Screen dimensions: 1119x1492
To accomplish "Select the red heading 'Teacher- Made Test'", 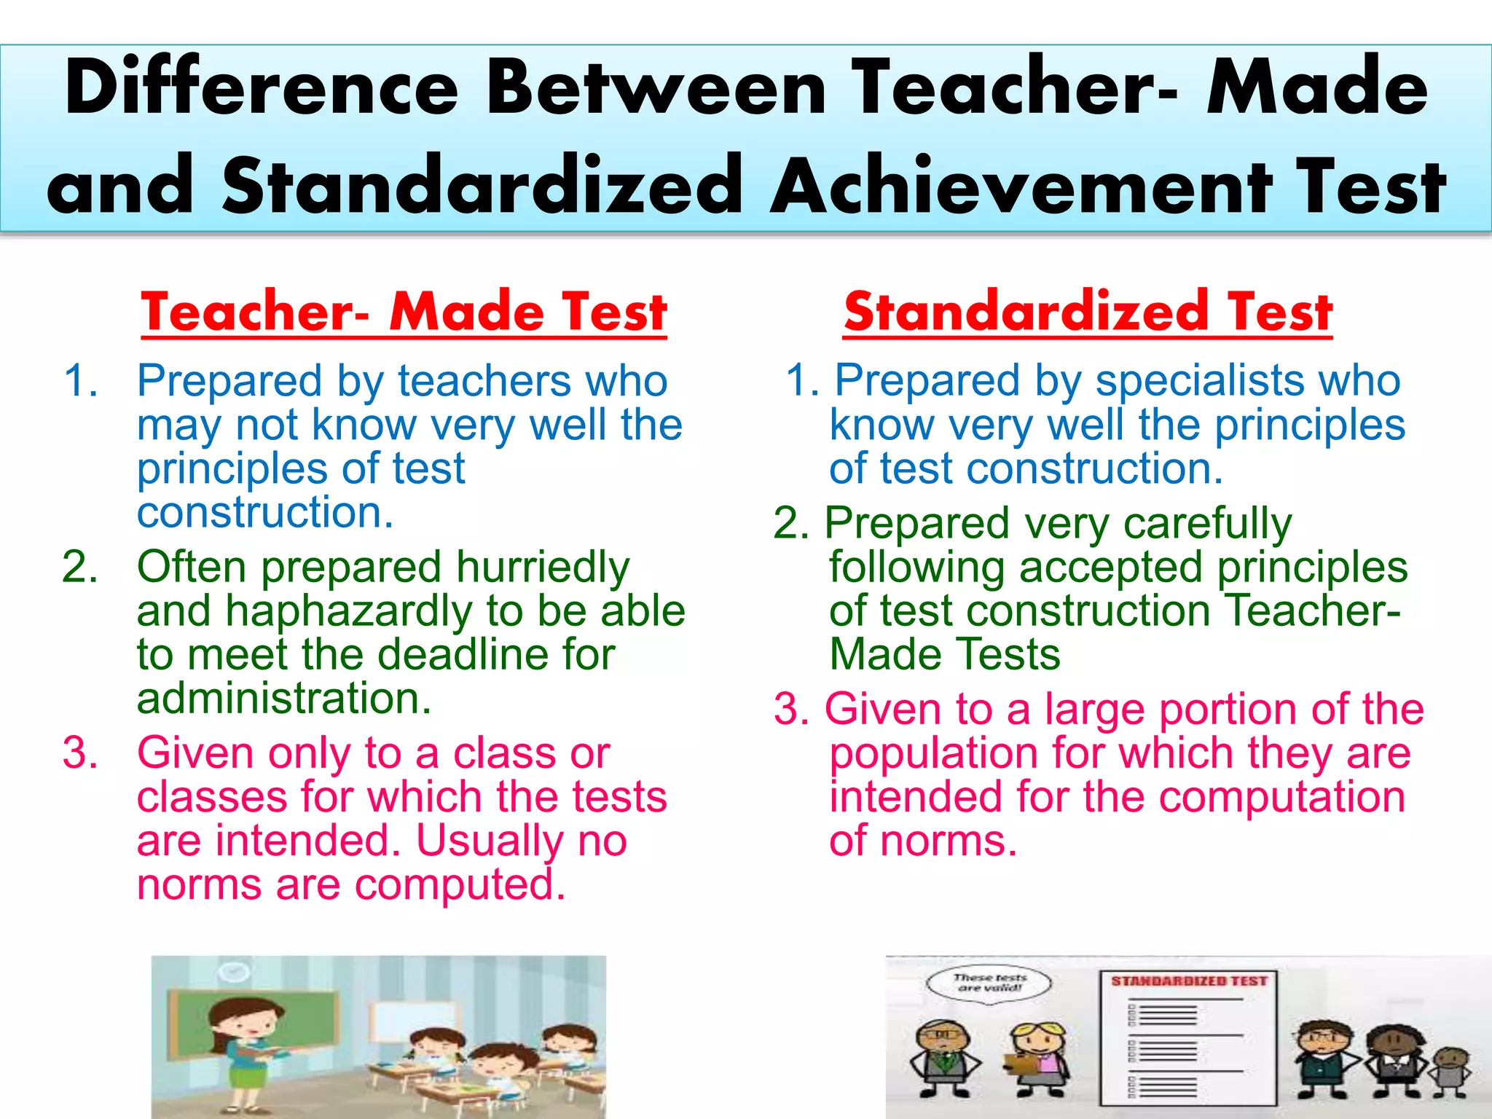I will point(404,312).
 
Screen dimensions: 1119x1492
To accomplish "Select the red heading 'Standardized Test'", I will point(1088,312).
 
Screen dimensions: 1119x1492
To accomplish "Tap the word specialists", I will point(1198,382).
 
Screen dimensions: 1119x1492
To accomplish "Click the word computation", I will point(1281,798).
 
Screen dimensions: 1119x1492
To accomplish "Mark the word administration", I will point(283,699).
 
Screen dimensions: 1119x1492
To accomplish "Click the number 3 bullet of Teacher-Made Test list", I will point(79,753).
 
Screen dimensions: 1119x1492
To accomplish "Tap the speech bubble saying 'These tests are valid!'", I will point(989,983).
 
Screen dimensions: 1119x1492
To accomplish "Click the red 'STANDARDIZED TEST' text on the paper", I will point(1189,981).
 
